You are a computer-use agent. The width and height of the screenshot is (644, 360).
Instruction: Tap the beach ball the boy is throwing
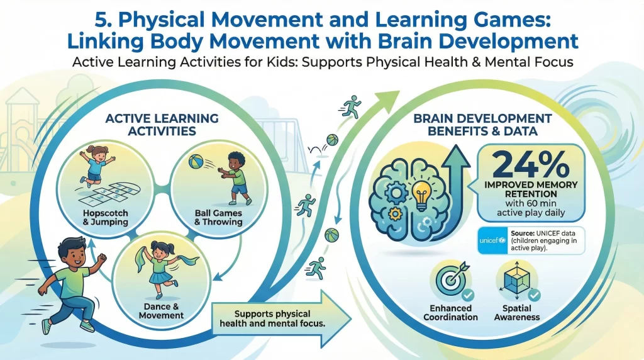coord(196,166)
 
